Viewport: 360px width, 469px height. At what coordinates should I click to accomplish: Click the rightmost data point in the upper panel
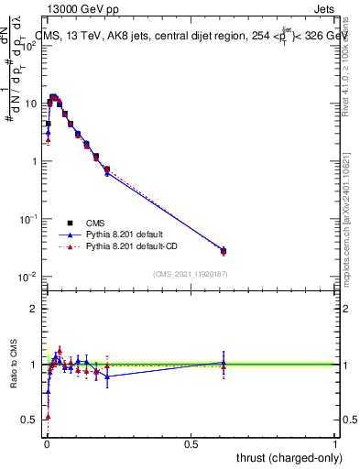[224, 251]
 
